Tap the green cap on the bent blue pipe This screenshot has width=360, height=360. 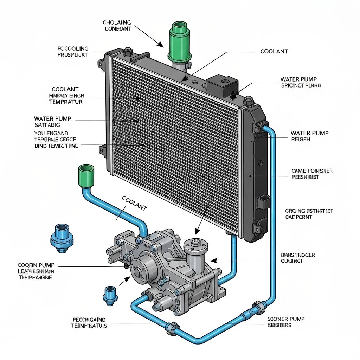[x=86, y=174]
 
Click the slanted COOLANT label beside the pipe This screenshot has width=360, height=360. [x=134, y=204]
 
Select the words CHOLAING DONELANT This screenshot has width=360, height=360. [x=117, y=26]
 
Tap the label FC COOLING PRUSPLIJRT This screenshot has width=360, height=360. [x=73, y=52]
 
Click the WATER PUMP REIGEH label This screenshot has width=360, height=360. [x=309, y=136]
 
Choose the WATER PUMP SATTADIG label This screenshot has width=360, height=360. [x=52, y=122]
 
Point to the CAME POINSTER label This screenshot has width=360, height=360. [x=312, y=174]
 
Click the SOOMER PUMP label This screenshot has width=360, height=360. [x=285, y=322]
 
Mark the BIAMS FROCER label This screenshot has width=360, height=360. [x=298, y=258]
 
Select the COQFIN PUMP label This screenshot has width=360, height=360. [x=36, y=271]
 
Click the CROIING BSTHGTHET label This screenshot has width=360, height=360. [x=309, y=214]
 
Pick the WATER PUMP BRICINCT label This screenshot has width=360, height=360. [x=300, y=82]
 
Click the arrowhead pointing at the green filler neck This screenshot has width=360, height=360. [x=161, y=45]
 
